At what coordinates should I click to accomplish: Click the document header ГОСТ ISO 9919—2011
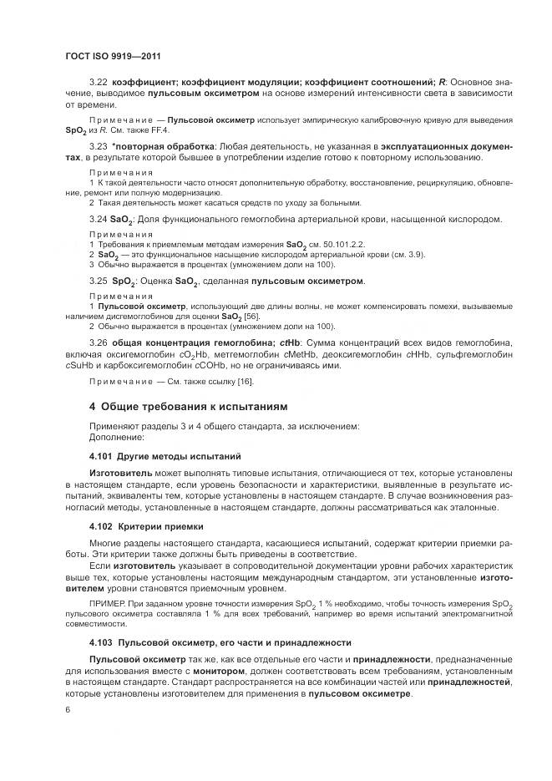[112, 57]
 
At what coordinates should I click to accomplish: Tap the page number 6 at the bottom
[68, 708]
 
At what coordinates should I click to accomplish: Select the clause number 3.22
[99, 82]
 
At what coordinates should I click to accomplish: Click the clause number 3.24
[99, 219]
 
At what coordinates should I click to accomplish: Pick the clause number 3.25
[99, 281]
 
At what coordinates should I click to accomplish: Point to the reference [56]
[251, 317]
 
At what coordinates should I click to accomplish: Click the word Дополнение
[116, 437]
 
